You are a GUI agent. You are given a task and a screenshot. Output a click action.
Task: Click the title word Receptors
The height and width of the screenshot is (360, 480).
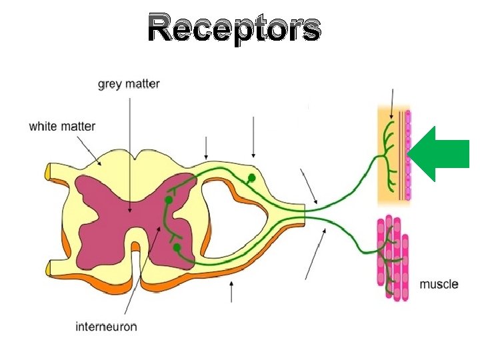click(x=234, y=29)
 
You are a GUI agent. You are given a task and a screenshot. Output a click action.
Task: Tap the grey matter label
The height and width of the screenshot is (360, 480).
click(x=129, y=85)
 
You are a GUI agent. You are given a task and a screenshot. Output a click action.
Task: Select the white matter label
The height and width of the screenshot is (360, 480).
click(x=62, y=126)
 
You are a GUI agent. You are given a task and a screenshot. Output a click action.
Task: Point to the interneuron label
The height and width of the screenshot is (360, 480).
click(x=106, y=326)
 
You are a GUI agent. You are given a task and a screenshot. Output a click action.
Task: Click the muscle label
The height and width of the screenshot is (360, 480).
click(x=439, y=284)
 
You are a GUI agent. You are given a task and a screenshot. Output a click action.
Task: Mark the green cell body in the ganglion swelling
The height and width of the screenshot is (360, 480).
click(x=252, y=178)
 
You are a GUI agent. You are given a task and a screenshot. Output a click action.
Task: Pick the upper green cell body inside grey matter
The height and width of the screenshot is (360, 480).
click(x=169, y=199)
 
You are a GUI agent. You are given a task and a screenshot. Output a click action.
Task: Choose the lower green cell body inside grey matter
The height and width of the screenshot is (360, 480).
click(x=176, y=247)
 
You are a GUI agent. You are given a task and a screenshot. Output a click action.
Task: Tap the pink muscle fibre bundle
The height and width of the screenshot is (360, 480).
click(x=393, y=257)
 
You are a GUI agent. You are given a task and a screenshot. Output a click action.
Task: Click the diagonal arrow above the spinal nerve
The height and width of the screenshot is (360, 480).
click(x=309, y=186)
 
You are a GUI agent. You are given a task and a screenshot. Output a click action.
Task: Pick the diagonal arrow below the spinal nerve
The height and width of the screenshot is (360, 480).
click(x=316, y=253)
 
